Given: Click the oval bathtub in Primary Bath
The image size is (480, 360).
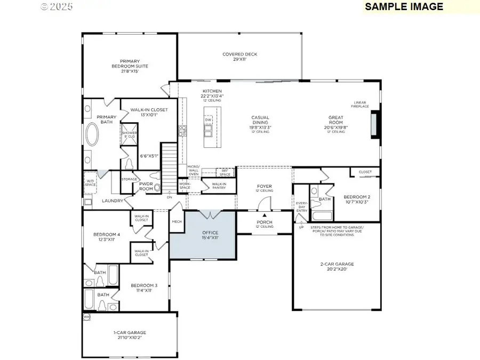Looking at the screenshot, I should pyautogui.click(x=93, y=135).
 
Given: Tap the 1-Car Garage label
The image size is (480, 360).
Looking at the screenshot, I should pyautogui.click(x=130, y=335).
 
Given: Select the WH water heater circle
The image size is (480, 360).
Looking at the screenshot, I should pyautogui.click(x=86, y=317).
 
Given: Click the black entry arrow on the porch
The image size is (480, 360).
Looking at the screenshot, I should pyautogui.click(x=264, y=214).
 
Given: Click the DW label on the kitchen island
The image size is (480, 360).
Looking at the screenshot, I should pyautogui.click(x=208, y=119).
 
